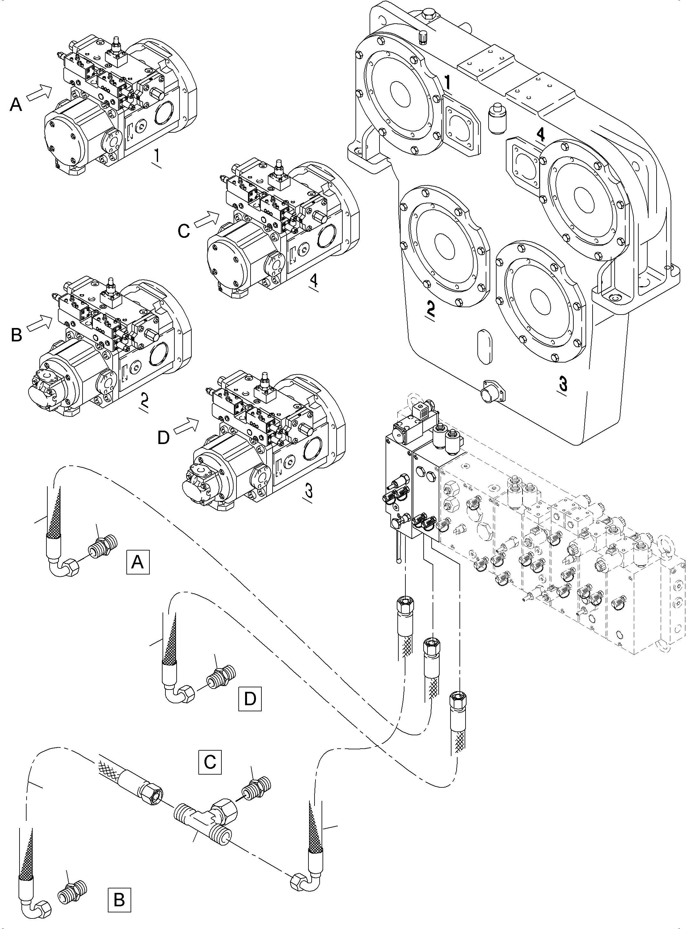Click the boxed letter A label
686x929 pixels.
pyautogui.click(x=138, y=562)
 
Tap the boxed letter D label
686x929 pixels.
pyautogui.click(x=250, y=699)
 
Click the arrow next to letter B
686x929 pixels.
pyautogui.click(x=40, y=323)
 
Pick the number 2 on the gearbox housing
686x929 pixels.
pyautogui.click(x=430, y=308)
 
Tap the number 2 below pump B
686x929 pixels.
pyautogui.click(x=144, y=400)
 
